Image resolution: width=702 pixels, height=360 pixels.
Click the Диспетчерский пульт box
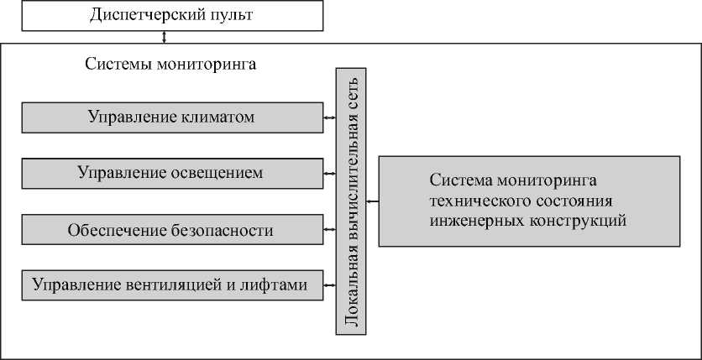click(171, 15)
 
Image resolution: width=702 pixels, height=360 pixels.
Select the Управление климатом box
click(171, 117)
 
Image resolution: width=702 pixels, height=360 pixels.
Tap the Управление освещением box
click(171, 174)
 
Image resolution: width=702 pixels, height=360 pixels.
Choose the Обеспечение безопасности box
click(171, 229)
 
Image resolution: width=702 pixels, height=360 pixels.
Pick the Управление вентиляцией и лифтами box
click(171, 284)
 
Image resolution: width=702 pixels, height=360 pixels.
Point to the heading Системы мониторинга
click(170, 64)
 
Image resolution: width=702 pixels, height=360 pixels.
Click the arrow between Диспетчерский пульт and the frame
click(165, 37)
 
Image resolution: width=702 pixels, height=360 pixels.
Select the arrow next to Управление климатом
click(329, 117)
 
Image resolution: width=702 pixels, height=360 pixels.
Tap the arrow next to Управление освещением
click(329, 174)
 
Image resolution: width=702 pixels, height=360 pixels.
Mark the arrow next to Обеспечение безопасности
click(329, 229)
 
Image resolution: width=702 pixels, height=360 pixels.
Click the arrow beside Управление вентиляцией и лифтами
click(329, 284)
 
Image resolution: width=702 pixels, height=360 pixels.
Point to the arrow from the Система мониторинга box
click(374, 201)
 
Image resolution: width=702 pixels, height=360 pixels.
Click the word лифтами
click(280, 284)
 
